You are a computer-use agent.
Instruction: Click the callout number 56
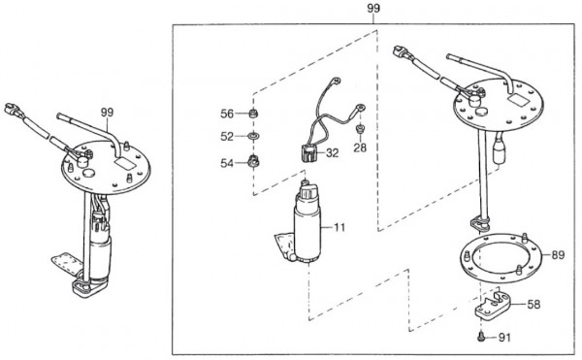tap(227, 114)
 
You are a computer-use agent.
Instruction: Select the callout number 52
tap(227, 137)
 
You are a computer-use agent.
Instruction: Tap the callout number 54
tap(227, 163)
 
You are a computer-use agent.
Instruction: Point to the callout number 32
tap(333, 153)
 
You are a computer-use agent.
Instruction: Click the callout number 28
tap(360, 147)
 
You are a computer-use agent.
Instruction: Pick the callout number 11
tap(339, 227)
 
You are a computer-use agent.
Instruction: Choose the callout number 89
tap(558, 255)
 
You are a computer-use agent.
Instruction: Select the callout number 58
tap(533, 305)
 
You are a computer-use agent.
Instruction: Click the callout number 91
tap(504, 338)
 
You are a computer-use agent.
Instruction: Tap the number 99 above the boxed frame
tap(373, 8)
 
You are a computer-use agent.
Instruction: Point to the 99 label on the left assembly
tap(107, 113)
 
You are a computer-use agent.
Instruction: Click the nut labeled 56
tap(253, 113)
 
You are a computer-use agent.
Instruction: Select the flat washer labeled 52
tap(253, 136)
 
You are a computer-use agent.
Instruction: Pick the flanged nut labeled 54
tap(253, 162)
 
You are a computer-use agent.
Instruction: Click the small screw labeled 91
tap(481, 337)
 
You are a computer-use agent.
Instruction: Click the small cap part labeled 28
tap(360, 129)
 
